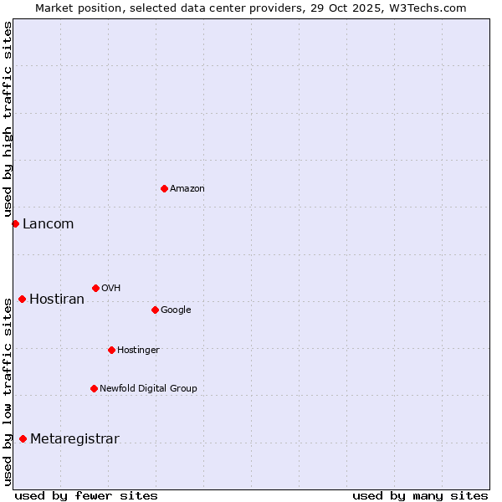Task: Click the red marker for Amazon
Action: point(164,188)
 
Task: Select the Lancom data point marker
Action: point(15,223)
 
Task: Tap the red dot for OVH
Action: point(95,288)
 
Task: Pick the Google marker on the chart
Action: point(155,310)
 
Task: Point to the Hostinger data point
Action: point(111,350)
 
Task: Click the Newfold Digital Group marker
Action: point(94,388)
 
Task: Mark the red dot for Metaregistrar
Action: point(23,438)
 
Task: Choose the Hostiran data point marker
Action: point(22,299)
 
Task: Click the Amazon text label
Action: point(187,189)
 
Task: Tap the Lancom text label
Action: point(49,224)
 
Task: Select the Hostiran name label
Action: point(57,300)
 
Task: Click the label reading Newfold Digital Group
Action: point(149,389)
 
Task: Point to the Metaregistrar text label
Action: point(74,439)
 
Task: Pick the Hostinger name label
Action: point(138,351)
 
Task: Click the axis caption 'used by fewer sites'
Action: point(86,495)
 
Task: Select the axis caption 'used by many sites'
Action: point(420,495)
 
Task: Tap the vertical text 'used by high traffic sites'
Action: point(8,120)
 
